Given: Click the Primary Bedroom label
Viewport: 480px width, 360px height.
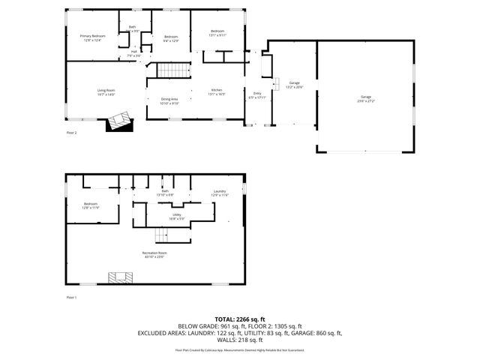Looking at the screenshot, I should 93,36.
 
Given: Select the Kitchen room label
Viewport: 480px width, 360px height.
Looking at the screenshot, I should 216,91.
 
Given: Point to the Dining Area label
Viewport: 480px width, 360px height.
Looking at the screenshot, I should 169,100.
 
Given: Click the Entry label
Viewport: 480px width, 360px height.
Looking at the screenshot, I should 256,94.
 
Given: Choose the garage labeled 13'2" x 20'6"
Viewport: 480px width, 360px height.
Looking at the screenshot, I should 295,84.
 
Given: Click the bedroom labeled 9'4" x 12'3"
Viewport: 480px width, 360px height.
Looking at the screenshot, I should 172,37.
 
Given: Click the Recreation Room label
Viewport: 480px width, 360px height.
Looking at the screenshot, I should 154,253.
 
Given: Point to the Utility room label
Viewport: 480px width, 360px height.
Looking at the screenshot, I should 177,214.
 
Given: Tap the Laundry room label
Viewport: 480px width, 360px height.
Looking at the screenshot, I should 220,193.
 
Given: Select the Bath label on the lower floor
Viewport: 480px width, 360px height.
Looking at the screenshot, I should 165,193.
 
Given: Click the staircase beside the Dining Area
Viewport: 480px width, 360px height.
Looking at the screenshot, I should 172,71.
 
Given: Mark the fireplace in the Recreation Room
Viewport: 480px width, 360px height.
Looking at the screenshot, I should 120,277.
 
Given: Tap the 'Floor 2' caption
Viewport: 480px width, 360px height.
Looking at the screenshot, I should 72,132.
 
